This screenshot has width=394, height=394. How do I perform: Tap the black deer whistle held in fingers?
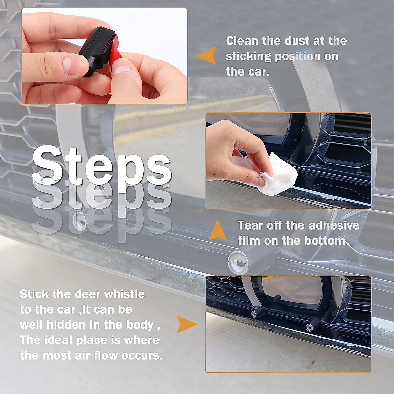[95, 49]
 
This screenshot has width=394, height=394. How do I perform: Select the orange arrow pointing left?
[206, 55]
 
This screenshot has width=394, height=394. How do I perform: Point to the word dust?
[298, 41]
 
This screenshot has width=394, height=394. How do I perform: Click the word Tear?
[250, 226]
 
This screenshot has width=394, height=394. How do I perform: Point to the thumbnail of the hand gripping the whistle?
[104, 56]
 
